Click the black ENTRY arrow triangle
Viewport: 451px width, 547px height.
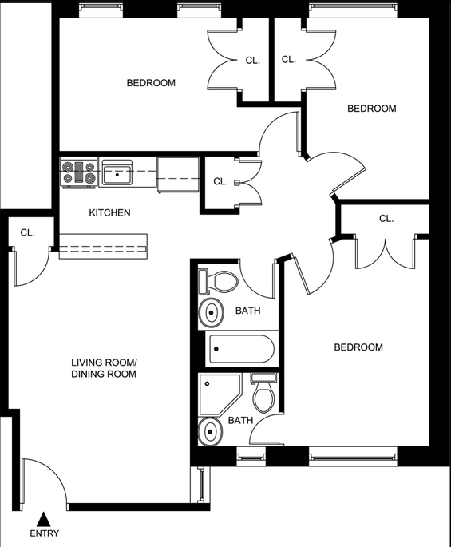[44, 519]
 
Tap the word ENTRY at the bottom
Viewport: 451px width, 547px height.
[44, 533]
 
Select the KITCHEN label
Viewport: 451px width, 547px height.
[109, 212]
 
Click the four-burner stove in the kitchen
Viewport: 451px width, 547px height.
[79, 172]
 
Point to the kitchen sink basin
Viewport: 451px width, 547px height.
[117, 173]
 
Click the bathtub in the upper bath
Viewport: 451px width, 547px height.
[239, 349]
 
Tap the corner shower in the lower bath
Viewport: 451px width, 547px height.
[220, 394]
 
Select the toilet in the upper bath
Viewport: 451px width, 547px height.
[218, 282]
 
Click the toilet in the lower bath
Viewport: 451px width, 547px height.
[264, 392]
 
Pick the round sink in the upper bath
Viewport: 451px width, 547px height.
[211, 312]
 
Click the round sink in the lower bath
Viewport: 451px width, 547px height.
[210, 431]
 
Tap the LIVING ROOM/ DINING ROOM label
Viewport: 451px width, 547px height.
[104, 367]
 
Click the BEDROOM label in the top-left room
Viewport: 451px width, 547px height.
[151, 83]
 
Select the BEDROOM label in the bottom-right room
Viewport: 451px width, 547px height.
[358, 347]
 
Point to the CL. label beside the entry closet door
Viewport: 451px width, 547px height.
[28, 232]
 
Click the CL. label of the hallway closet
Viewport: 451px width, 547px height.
[220, 182]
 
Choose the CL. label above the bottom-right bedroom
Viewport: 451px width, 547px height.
[386, 219]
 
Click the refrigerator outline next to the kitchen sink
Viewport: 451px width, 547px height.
[178, 174]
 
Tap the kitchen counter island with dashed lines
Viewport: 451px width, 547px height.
[103, 246]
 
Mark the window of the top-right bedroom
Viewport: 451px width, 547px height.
[353, 7]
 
